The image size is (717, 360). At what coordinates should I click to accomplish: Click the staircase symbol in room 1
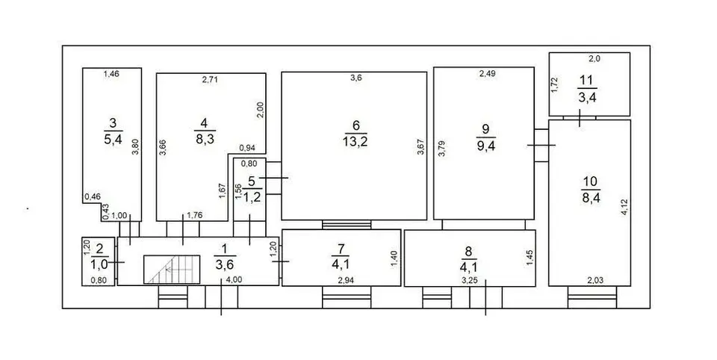[172, 269]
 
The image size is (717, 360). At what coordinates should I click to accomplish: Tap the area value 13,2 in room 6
[355, 142]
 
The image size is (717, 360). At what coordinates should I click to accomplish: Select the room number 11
[587, 81]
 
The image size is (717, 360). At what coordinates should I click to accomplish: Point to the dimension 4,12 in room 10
[624, 208]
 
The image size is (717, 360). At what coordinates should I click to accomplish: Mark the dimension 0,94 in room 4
[247, 148]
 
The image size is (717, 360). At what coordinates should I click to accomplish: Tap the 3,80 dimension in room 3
[135, 146]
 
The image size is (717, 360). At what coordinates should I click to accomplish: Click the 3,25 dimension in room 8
[470, 280]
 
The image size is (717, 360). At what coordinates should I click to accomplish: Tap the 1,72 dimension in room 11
[554, 85]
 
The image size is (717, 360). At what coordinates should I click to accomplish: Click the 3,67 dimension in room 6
[420, 148]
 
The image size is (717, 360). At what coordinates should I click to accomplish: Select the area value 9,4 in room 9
[485, 146]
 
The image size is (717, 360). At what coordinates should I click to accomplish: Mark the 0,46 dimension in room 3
[93, 196]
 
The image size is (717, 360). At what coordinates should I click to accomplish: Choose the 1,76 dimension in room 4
[195, 215]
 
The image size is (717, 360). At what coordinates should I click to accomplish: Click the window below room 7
[346, 297]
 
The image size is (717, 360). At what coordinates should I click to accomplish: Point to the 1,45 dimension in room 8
[530, 258]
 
